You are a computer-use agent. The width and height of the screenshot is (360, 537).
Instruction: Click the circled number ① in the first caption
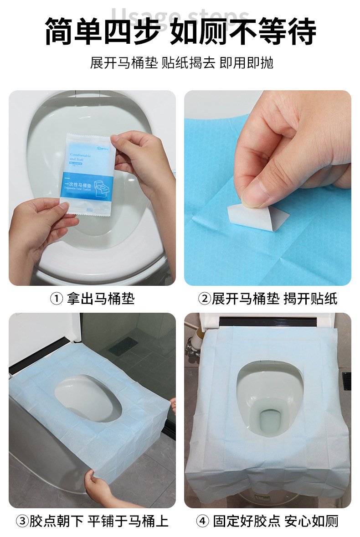[x=56, y=299]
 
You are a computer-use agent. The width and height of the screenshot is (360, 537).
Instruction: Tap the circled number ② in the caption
[x=204, y=299]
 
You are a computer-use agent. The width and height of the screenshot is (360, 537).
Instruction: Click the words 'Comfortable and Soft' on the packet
[x=80, y=158]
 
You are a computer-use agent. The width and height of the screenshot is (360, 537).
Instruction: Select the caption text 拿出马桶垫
[x=101, y=299]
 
